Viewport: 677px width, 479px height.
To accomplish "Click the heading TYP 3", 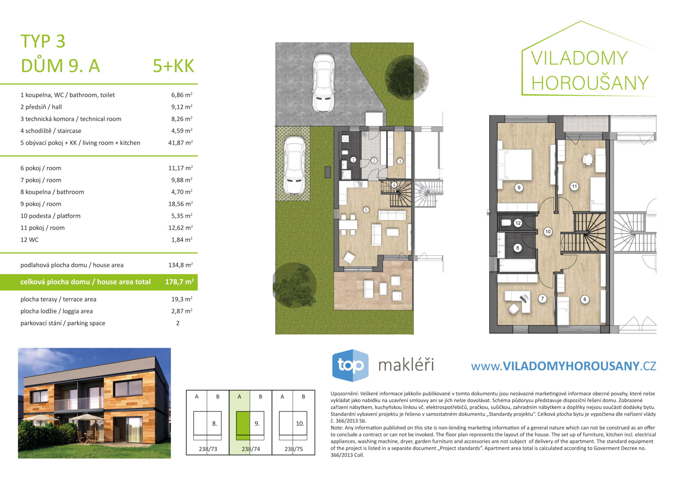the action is tap(43, 41).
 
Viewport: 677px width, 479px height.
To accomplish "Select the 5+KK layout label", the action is tap(173, 66).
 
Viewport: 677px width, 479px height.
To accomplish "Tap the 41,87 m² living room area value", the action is tap(180, 143).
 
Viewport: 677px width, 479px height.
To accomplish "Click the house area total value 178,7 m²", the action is tap(179, 282).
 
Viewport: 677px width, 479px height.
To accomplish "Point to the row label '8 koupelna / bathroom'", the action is tap(52, 192).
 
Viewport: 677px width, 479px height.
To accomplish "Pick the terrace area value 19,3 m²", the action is tap(182, 299).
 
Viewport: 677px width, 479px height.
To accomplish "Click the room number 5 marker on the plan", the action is tap(366, 210).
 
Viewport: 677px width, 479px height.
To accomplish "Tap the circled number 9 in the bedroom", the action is tap(519, 188).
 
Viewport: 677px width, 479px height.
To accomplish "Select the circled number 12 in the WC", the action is tap(518, 223).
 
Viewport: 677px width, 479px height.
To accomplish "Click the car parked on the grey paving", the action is tap(323, 83).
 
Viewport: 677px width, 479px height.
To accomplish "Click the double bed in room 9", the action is tap(515, 165).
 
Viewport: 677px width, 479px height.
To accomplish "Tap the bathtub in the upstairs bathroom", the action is tap(517, 265).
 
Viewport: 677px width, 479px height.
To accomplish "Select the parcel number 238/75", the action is tap(294, 449).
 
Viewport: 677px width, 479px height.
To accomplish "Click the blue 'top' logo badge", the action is tap(350, 366).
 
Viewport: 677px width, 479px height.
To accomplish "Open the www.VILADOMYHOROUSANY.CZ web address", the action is tap(564, 366).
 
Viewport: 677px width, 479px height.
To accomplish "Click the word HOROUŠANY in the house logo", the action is tap(590, 83).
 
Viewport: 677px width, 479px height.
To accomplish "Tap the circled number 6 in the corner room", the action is tap(585, 299).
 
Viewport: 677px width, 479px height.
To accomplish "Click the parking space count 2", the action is tap(178, 323).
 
